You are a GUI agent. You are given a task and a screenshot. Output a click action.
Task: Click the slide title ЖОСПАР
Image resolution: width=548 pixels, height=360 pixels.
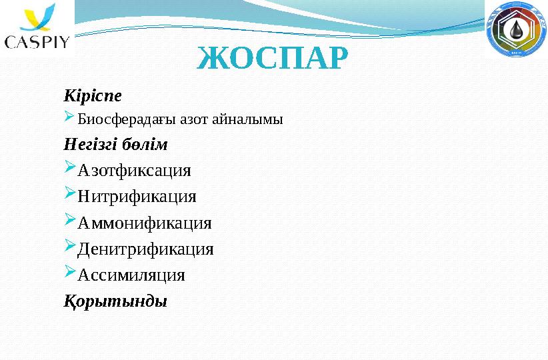[273, 58]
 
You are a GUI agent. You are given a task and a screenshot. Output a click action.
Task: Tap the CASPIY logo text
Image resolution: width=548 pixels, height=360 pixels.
[37, 41]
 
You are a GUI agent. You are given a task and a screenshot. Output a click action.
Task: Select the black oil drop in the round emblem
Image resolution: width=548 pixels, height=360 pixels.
[516, 29]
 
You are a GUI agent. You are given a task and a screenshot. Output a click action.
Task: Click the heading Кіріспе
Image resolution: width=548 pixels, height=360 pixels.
[93, 95]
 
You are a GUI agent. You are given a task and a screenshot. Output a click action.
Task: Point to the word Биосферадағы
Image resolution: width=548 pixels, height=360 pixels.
[127, 119]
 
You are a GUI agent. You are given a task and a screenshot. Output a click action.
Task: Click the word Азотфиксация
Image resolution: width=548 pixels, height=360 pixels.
[134, 171]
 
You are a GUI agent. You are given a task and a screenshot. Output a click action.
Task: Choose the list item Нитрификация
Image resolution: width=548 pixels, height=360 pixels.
[137, 197]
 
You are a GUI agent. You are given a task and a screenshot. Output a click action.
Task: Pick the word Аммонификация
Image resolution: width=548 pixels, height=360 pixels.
[145, 223]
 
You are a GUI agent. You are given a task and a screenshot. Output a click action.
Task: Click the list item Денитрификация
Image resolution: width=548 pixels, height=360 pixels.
[145, 249]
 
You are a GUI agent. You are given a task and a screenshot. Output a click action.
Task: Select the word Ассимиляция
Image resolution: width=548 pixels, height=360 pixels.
[131, 275]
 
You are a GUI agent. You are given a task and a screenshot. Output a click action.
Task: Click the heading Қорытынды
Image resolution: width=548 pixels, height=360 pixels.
[115, 301]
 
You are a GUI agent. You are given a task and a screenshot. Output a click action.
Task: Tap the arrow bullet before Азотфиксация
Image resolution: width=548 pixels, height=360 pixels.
[70, 167]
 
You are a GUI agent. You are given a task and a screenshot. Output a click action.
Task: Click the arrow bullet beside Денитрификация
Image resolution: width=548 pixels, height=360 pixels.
[70, 245]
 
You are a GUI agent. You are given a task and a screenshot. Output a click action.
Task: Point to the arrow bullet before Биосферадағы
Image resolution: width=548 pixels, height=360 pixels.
[69, 117]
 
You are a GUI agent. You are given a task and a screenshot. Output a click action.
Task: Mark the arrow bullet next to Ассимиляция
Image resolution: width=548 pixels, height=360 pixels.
[70, 271]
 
